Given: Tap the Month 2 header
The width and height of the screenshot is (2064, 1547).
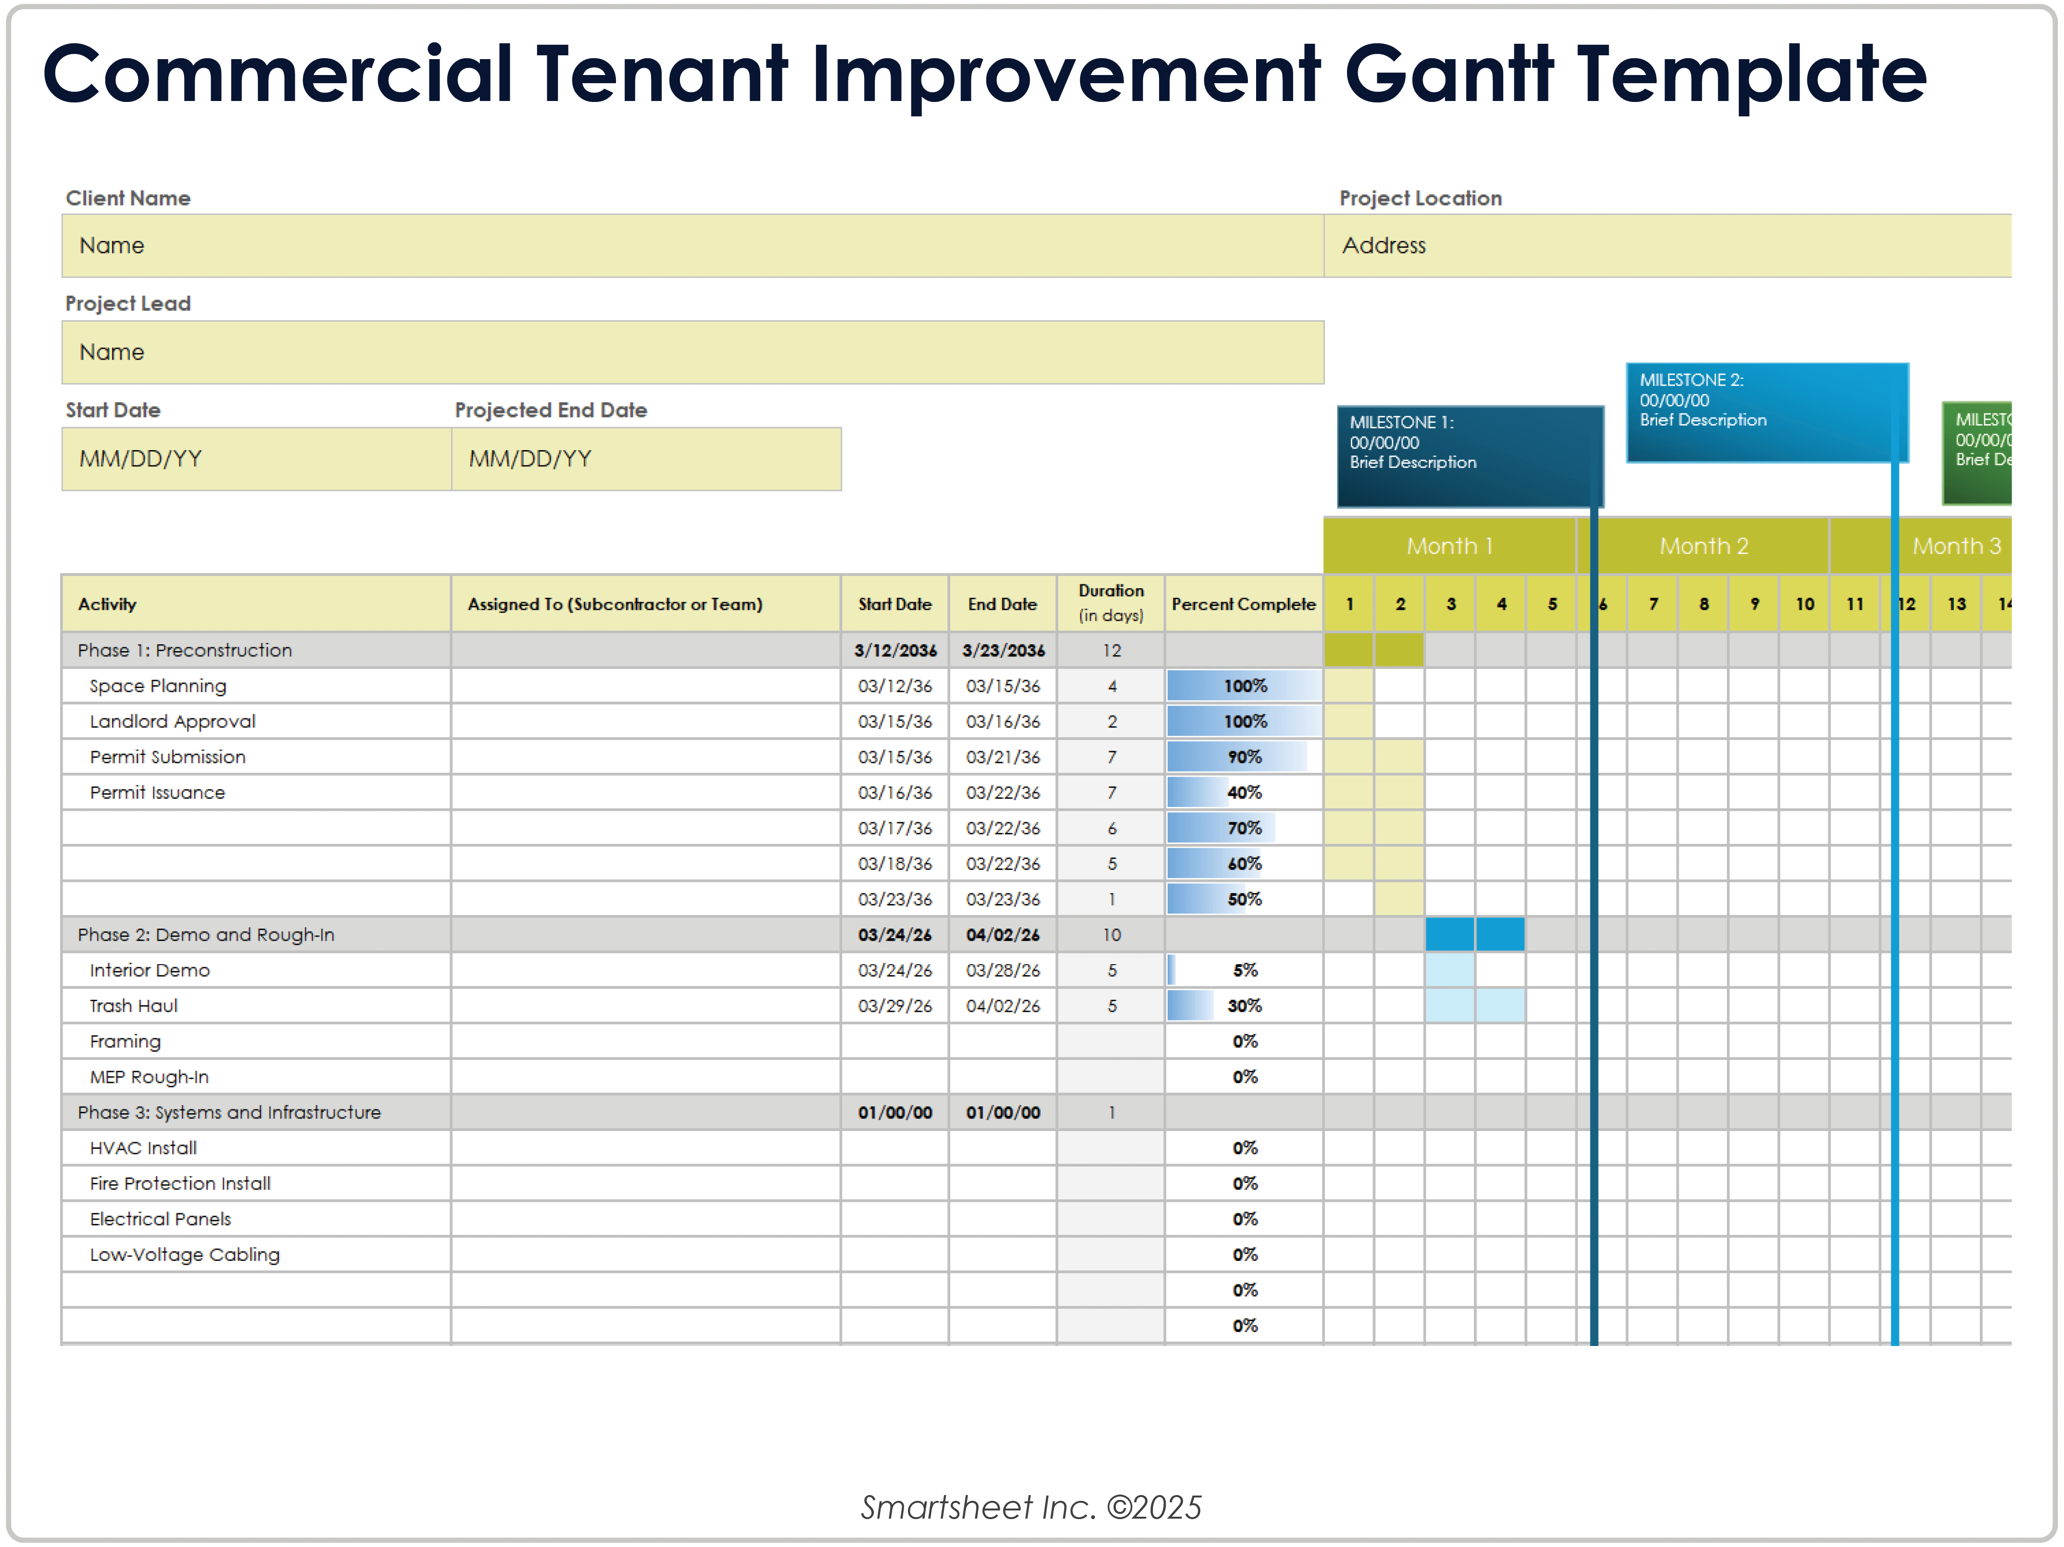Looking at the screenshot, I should (1703, 546).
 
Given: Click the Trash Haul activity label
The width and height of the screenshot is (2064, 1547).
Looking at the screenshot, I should (133, 1006).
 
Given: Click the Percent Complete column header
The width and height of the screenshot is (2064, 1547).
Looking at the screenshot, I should (1243, 604).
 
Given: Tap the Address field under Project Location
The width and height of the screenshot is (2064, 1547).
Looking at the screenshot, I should (1666, 245).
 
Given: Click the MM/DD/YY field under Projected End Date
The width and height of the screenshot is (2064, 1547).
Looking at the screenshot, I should (646, 459).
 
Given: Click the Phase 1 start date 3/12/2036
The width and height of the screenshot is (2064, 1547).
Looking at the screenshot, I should (895, 650).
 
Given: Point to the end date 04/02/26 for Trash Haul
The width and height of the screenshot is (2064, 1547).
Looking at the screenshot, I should (1002, 1006).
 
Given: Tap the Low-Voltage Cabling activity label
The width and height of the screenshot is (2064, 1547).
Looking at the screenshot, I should (185, 1255).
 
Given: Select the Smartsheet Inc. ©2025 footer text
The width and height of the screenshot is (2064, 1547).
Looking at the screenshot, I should (1031, 1507).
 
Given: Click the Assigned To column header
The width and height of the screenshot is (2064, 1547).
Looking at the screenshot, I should (615, 604).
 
